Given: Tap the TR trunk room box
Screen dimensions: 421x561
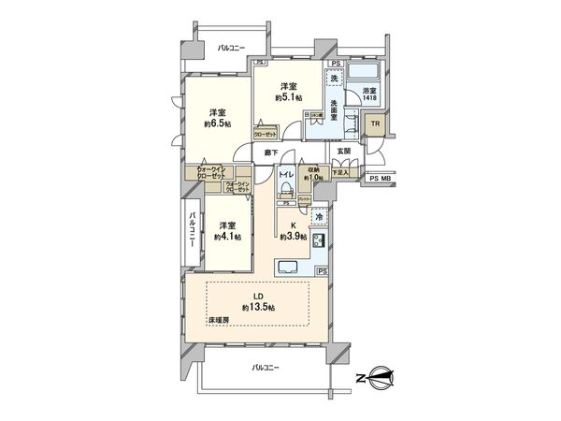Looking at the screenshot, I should pyautogui.click(x=372, y=123).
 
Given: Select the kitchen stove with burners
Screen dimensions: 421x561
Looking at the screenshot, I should pyautogui.click(x=318, y=243).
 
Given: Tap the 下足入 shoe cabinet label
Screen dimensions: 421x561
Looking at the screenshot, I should pyautogui.click(x=343, y=172).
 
